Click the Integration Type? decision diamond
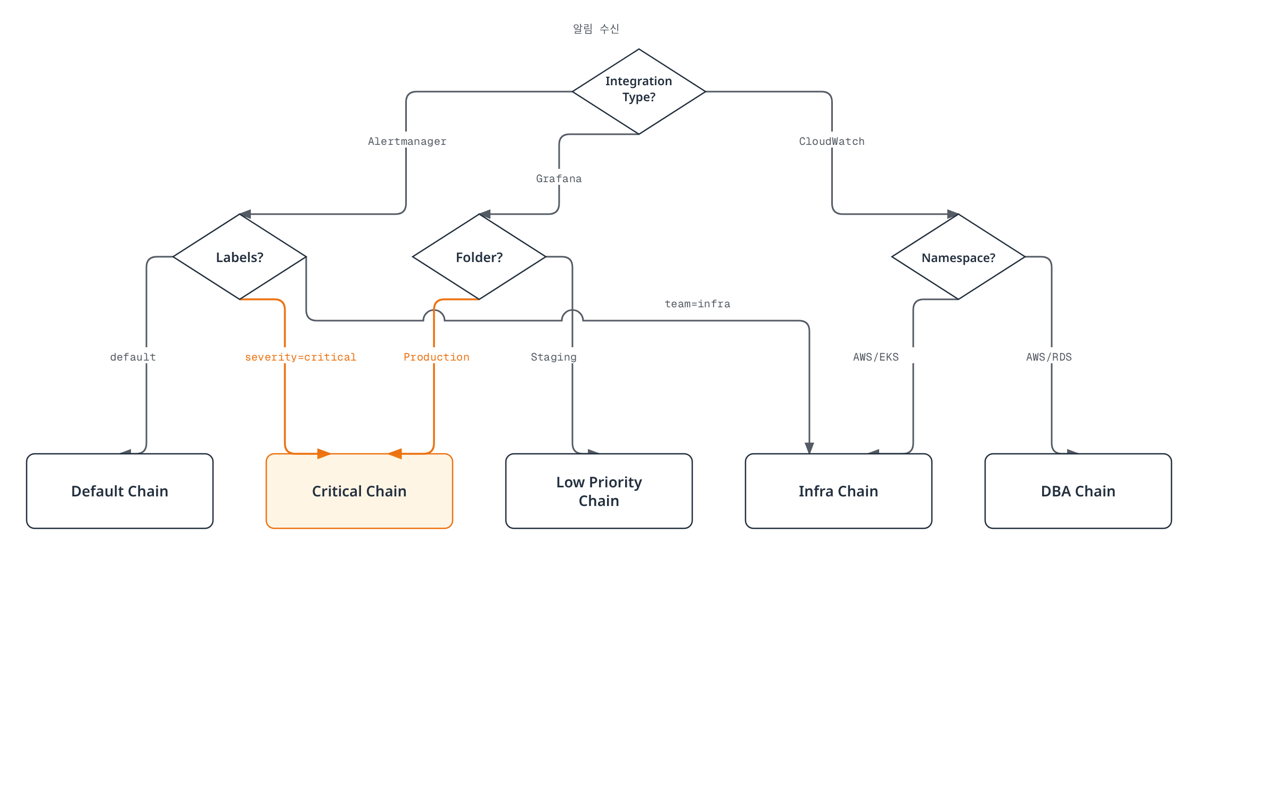[x=638, y=92]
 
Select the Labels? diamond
[x=240, y=257]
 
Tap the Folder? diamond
[x=479, y=257]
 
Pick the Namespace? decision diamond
[x=958, y=257]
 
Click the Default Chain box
[x=120, y=491]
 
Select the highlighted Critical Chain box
[x=359, y=491]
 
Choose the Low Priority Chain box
[x=599, y=491]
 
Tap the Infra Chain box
[x=839, y=491]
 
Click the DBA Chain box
[x=1078, y=491]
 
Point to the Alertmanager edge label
[x=407, y=141]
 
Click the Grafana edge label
[x=559, y=178]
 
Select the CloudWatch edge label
[x=832, y=141]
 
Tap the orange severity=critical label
[x=301, y=357]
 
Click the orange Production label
[x=437, y=357]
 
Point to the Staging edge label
[x=554, y=357]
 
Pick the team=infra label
[x=698, y=304]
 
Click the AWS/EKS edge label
[x=876, y=357]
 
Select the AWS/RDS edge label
[x=1049, y=357]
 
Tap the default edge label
[x=133, y=357]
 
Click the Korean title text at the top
[x=596, y=29]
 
